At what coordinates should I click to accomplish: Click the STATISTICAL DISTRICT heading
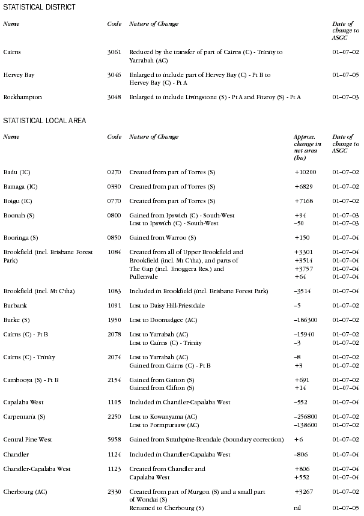click(39, 7)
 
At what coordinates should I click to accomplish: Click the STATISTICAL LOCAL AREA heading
click(44, 121)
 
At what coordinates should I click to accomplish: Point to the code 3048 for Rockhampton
click(114, 97)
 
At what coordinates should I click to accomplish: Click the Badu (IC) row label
click(17, 172)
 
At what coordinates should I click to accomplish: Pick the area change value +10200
click(305, 172)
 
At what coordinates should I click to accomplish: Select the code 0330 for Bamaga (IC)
click(114, 187)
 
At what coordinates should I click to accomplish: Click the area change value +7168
click(303, 201)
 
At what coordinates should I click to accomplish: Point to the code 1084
click(114, 252)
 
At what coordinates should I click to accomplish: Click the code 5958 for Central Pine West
click(114, 440)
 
